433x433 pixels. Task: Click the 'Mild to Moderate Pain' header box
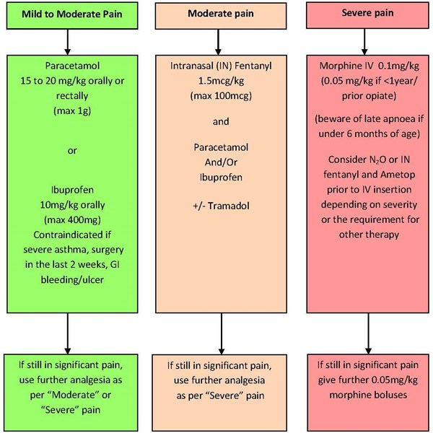pos(72,15)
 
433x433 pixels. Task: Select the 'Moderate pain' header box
pos(221,16)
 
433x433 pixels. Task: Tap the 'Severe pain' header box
pos(367,15)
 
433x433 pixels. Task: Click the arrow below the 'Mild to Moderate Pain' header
pos(68,42)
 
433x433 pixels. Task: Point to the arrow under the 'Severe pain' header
pos(364,41)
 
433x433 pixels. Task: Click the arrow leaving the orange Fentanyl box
pos(222,333)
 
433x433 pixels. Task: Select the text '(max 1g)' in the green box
pos(72,110)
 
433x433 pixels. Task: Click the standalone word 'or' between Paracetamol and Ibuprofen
pos(72,151)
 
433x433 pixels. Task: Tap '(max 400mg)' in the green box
pos(72,220)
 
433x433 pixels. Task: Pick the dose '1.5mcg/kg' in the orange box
pos(221,81)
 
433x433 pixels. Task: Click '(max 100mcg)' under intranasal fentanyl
pos(221,96)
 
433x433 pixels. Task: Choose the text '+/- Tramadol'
pos(221,206)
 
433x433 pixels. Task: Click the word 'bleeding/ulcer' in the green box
pos(72,280)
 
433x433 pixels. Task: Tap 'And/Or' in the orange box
pos(221,162)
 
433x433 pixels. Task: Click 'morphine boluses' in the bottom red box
pos(368,395)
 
